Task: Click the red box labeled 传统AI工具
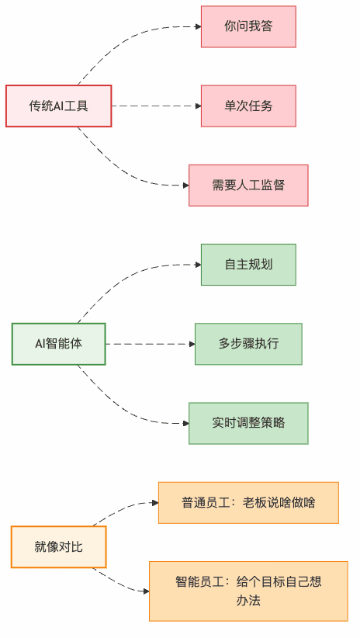click(x=59, y=106)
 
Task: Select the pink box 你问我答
click(x=248, y=26)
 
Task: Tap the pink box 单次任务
click(x=248, y=106)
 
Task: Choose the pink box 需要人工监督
click(x=248, y=185)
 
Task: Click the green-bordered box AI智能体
click(x=59, y=343)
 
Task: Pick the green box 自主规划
click(x=248, y=264)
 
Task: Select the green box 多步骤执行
click(x=248, y=343)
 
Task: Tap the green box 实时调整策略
click(x=248, y=423)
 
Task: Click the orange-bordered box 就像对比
click(x=59, y=546)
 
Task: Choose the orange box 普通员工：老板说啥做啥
click(x=248, y=502)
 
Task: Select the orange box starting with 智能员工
click(x=248, y=591)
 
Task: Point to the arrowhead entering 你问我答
click(x=197, y=26)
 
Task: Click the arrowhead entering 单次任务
click(x=197, y=106)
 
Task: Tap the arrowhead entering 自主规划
click(x=197, y=264)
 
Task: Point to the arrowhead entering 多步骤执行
click(x=191, y=343)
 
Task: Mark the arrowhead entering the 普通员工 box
click(x=154, y=502)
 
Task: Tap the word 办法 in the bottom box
click(x=248, y=600)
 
